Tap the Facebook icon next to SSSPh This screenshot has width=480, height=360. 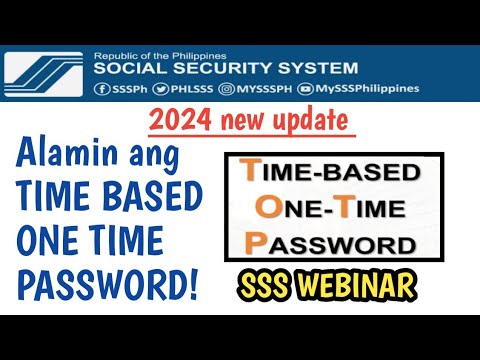100,89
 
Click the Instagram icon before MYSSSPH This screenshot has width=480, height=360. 226,89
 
